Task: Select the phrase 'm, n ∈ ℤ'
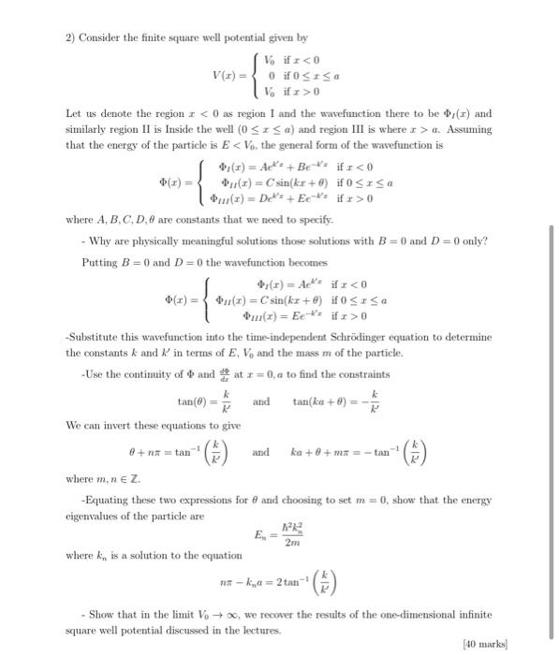point(117,478)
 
